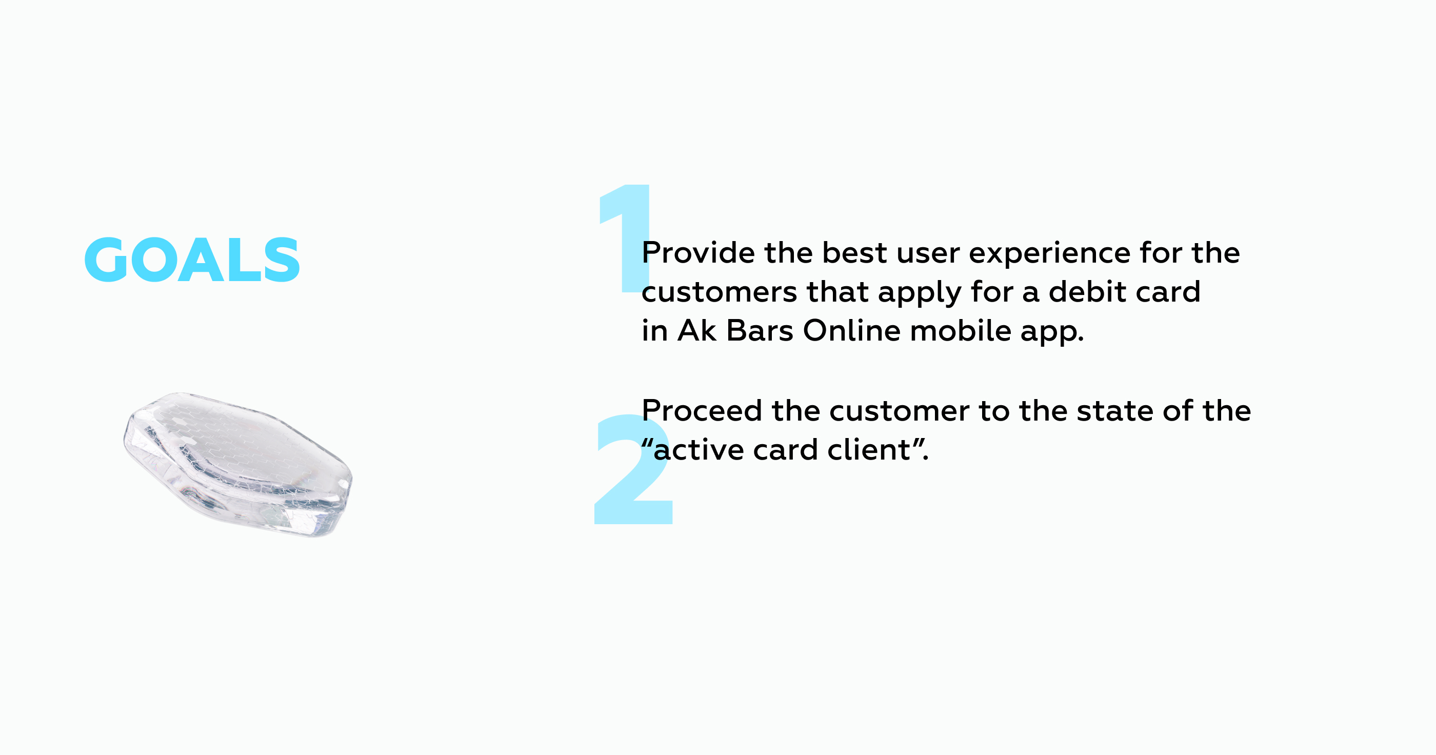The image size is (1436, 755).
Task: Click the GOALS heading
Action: tap(192, 260)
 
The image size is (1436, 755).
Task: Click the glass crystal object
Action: tap(238, 465)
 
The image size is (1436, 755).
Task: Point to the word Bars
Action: tap(759, 331)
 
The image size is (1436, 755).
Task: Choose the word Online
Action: tap(852, 330)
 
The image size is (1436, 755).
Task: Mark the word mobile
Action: tap(961, 330)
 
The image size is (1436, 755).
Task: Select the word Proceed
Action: tap(702, 410)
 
